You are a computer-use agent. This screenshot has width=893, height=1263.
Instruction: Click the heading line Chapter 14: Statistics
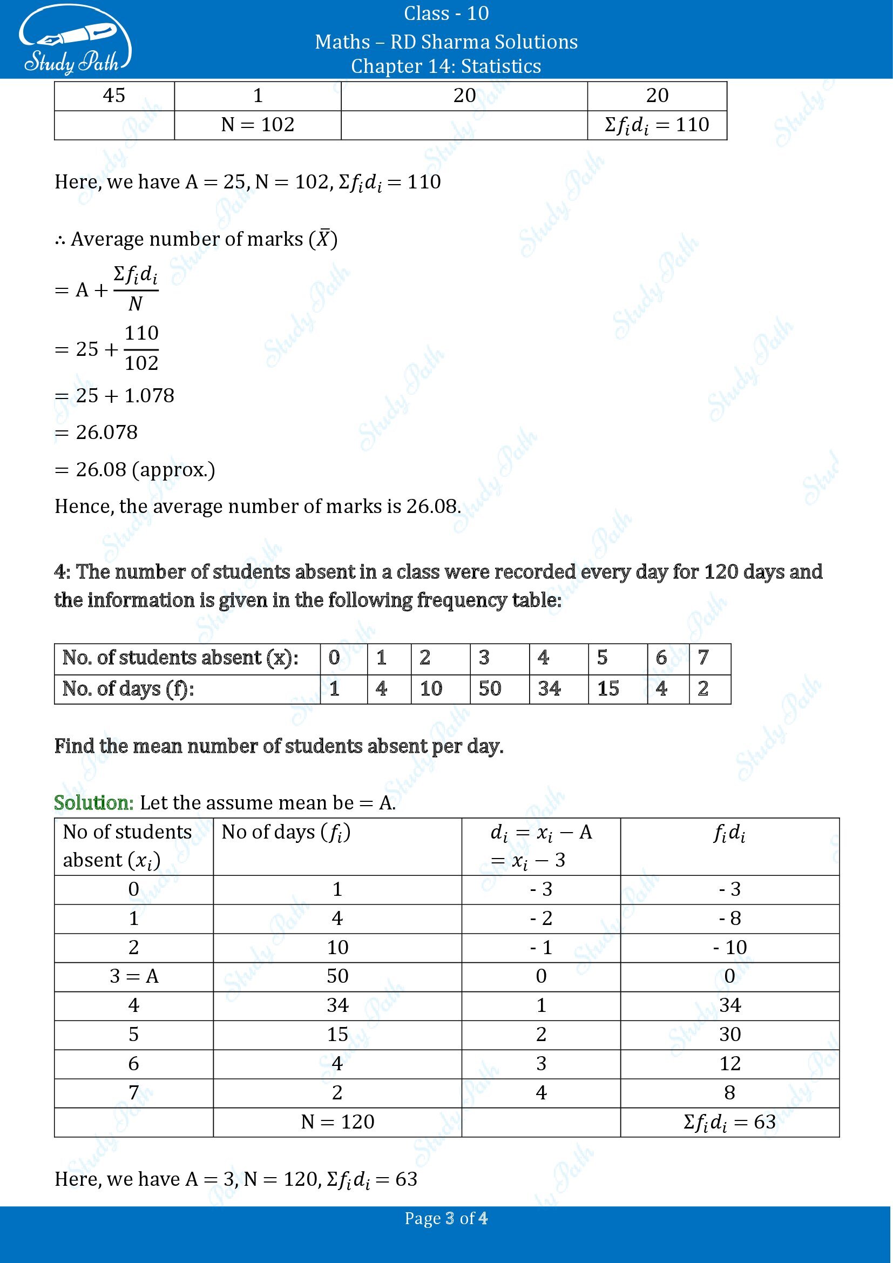click(x=446, y=66)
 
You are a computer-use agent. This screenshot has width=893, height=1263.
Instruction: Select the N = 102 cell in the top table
click(x=258, y=125)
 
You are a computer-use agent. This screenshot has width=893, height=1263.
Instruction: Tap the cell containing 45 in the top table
click(x=114, y=96)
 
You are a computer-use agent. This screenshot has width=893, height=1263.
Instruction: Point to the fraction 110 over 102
click(x=141, y=348)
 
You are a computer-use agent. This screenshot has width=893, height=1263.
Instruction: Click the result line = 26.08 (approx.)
click(x=135, y=470)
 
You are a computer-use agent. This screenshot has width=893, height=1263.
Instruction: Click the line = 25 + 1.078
click(x=114, y=395)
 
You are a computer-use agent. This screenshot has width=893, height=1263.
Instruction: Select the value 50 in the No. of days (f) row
click(x=489, y=688)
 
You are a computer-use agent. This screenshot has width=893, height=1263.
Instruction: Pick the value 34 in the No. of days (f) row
click(x=549, y=688)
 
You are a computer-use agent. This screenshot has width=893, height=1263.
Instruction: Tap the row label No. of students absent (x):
click(x=180, y=658)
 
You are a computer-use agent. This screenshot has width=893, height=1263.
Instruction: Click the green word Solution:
click(x=93, y=803)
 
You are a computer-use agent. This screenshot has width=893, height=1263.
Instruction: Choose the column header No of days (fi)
click(x=286, y=833)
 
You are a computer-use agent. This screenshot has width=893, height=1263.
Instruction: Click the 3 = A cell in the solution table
click(x=133, y=976)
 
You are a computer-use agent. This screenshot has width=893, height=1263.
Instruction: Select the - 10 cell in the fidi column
click(x=730, y=947)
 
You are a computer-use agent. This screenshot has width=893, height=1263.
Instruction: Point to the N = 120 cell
click(x=337, y=1122)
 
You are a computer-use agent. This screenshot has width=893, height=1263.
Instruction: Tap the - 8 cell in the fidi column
click(x=730, y=918)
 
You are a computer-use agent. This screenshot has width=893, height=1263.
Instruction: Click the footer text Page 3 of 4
click(x=446, y=1218)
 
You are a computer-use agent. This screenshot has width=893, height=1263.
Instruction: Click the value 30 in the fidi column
click(x=730, y=1035)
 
